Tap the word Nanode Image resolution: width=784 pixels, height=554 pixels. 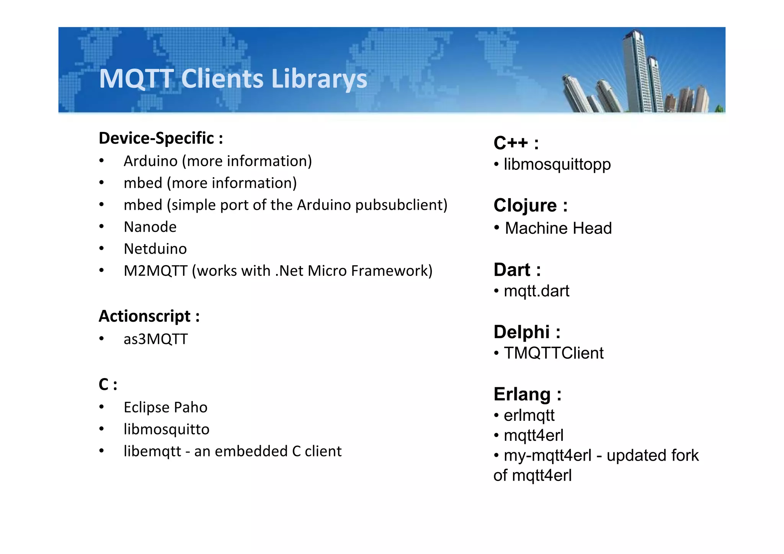(150, 227)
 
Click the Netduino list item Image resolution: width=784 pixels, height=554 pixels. (155, 249)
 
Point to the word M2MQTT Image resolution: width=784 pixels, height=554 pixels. (155, 271)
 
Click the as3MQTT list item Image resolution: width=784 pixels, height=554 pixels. (155, 339)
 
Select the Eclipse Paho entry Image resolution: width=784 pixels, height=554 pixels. (165, 407)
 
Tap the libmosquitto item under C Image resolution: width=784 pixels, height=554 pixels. (167, 429)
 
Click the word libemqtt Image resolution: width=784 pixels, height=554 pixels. (152, 451)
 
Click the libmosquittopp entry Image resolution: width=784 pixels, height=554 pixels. (557, 164)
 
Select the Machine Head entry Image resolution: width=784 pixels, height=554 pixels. (558, 228)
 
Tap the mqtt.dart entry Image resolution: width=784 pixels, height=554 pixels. (536, 291)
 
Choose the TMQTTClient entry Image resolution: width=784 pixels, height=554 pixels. (554, 353)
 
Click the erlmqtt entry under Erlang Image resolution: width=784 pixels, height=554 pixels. (529, 415)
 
